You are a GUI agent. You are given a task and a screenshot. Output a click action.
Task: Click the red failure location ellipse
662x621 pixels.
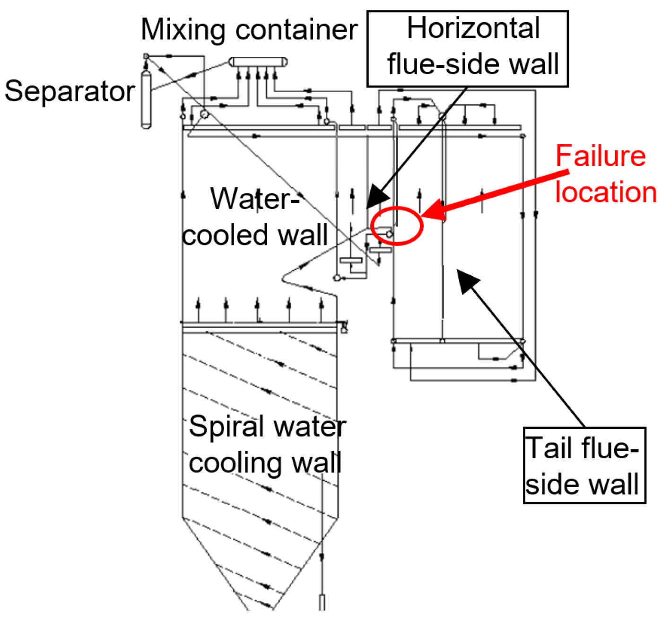[396, 226]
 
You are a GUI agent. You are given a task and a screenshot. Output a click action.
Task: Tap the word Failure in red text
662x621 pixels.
[600, 156]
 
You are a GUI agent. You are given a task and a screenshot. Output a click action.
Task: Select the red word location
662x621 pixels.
[606, 192]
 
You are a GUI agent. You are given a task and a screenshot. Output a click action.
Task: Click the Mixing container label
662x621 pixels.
[249, 29]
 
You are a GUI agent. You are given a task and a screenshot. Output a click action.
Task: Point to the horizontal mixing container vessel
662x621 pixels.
[258, 62]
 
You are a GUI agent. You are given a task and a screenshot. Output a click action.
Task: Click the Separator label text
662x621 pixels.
[70, 91]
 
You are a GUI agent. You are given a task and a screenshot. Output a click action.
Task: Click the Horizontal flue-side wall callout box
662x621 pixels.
[468, 49]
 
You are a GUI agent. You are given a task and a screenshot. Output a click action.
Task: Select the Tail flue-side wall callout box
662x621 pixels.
[584, 465]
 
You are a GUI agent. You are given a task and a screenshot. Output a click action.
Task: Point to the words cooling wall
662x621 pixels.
[265, 463]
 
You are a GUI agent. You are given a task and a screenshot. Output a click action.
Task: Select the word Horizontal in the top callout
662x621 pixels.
[473, 28]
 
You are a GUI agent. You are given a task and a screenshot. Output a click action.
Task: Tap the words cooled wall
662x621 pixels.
[255, 235]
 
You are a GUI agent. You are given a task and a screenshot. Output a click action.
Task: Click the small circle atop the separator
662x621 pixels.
[146, 56]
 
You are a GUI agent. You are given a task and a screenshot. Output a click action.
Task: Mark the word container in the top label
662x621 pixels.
[296, 29]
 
